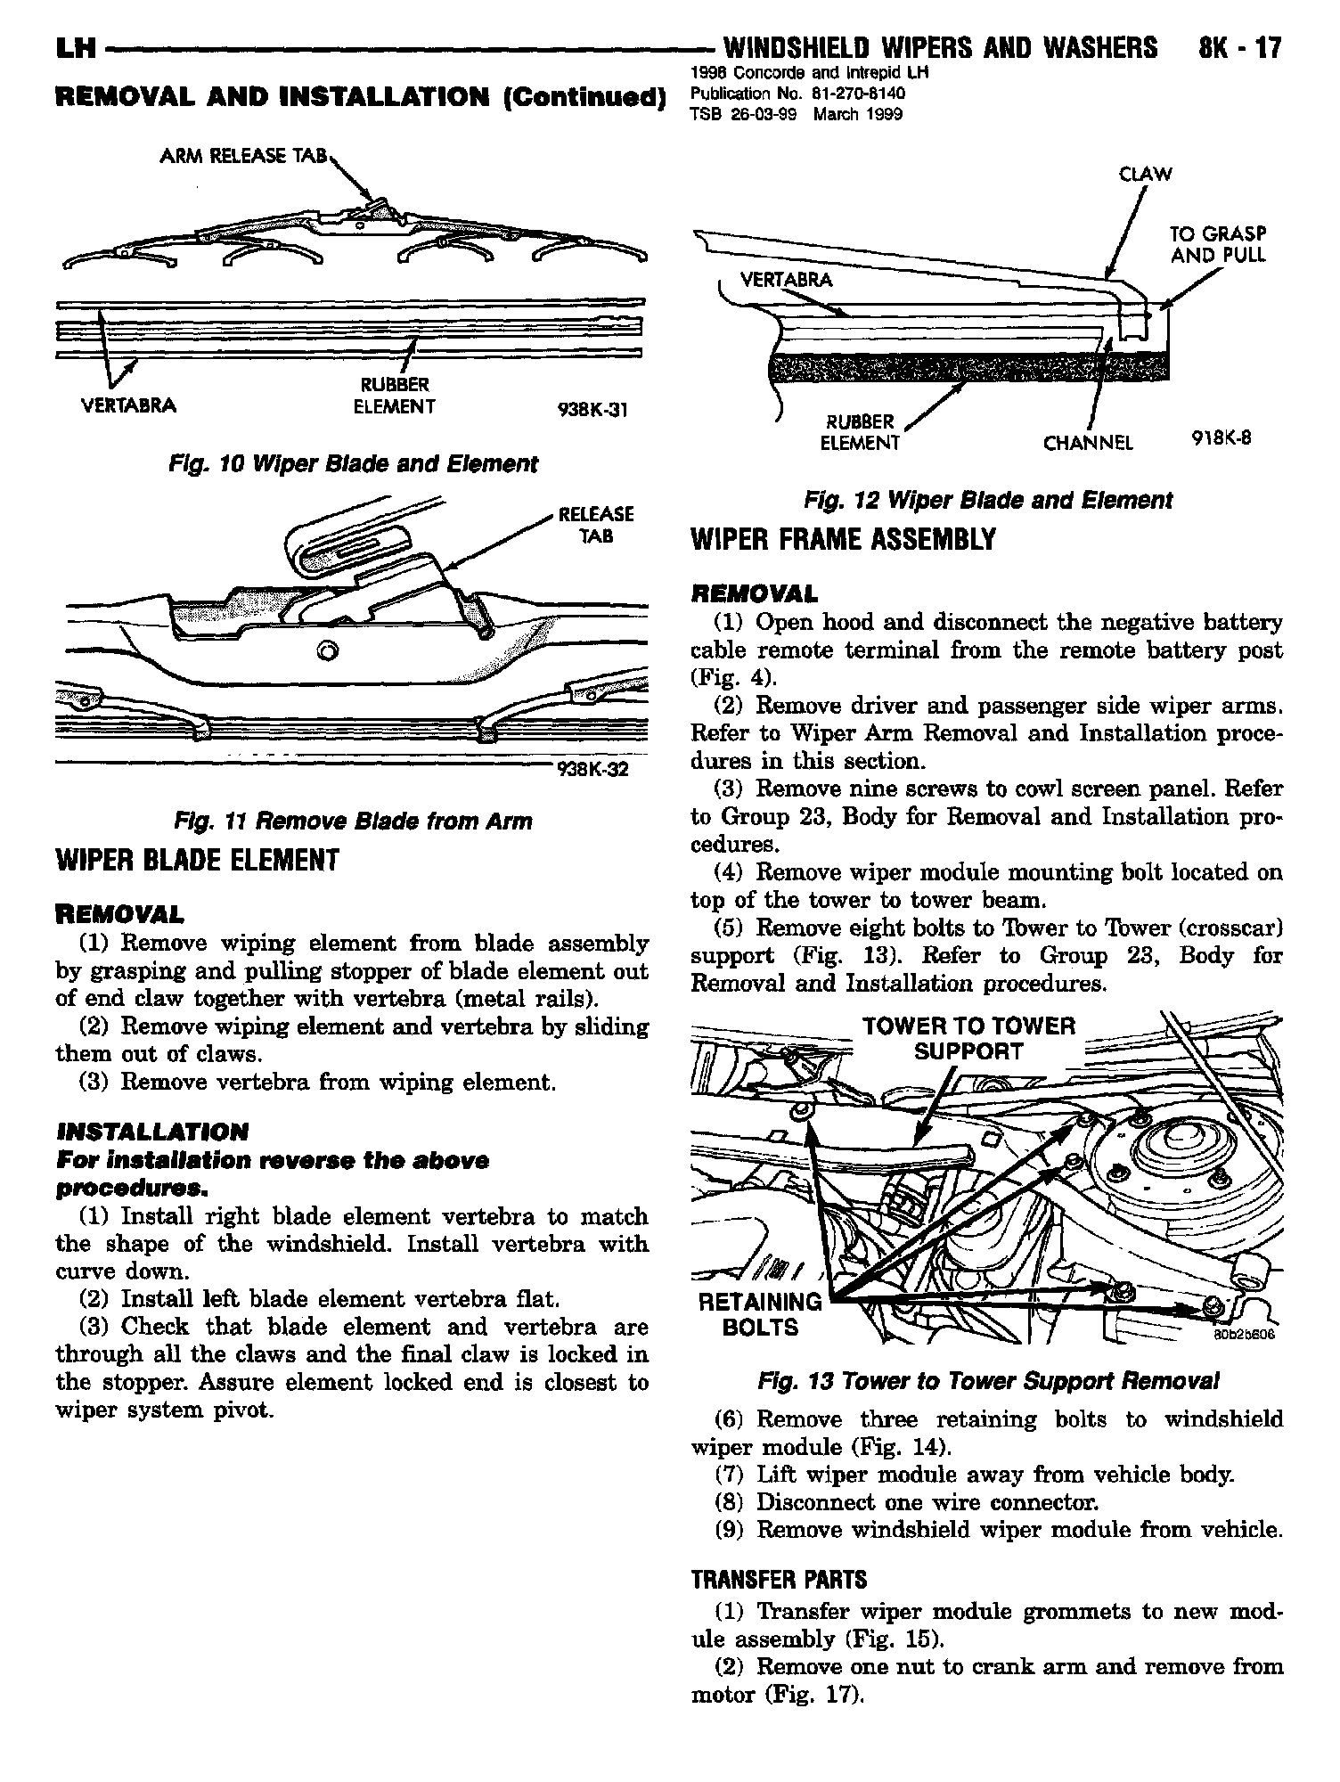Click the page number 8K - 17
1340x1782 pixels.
pos(1239,47)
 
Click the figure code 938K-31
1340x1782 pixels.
pos(592,410)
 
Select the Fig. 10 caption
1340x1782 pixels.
pos(352,464)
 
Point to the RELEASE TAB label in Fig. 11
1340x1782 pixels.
pos(595,525)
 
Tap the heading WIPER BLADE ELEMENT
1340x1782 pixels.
pos(197,860)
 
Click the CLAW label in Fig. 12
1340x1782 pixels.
pos(1146,175)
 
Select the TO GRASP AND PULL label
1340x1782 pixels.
pos(1217,245)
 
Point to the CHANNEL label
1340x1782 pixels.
pos(1089,444)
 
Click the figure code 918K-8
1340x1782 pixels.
pos(1222,437)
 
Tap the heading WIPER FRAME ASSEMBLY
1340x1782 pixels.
pos(842,540)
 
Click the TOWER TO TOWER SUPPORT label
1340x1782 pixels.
pos(968,1039)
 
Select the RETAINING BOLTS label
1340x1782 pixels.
pos(761,1315)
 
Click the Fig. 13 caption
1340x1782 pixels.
pos(987,1382)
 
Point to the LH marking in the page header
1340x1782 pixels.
pos(75,48)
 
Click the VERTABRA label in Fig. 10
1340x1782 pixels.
pos(129,406)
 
